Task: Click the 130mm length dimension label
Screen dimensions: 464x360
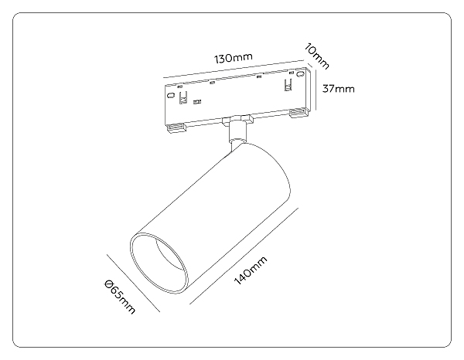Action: [x=234, y=58]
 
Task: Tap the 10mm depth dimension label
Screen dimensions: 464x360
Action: [x=316, y=56]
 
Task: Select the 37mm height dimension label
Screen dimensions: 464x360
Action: [x=338, y=89]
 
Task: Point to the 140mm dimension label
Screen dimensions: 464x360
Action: [x=251, y=270]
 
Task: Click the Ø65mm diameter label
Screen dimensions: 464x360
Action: [x=120, y=297]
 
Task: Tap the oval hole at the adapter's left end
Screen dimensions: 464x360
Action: [x=170, y=95]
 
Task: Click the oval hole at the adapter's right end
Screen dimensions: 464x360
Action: [x=302, y=73]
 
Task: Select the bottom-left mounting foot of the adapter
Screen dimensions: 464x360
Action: [x=176, y=127]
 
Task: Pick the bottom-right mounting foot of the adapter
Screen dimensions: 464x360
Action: [x=299, y=113]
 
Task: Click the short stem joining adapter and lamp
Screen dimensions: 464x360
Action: [x=237, y=132]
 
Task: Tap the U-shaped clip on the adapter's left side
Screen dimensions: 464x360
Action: [x=183, y=98]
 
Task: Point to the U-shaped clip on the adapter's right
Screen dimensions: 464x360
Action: [x=288, y=85]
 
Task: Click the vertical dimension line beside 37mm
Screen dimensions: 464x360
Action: [x=316, y=90]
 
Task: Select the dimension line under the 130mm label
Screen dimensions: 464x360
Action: [x=234, y=70]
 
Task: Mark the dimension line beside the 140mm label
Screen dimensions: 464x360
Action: [x=244, y=256]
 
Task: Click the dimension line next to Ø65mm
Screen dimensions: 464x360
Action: [x=134, y=284]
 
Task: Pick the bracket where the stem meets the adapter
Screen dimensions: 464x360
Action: [x=237, y=120]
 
